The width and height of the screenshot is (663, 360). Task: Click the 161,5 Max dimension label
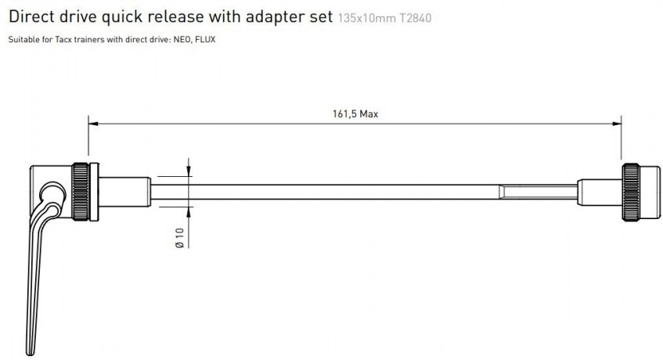pyautogui.click(x=355, y=113)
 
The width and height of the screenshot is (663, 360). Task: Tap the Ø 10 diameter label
pyautogui.click(x=179, y=238)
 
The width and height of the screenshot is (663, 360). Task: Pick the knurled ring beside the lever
pyautogui.click(x=82, y=192)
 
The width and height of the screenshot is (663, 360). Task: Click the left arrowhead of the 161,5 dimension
pyautogui.click(x=92, y=122)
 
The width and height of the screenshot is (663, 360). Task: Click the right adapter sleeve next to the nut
pyautogui.click(x=600, y=192)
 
